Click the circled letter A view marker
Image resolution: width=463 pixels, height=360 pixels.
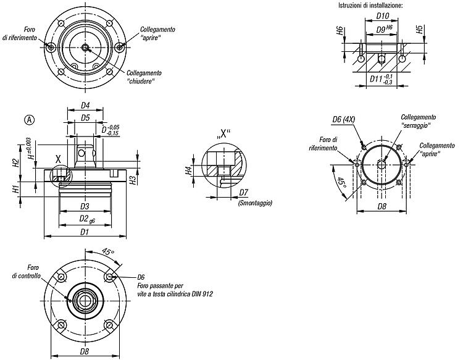coord(30,120)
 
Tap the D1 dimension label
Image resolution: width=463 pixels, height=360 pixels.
coord(85,232)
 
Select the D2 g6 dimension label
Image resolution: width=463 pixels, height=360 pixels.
coord(87,219)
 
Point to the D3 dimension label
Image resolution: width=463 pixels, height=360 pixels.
coord(85,206)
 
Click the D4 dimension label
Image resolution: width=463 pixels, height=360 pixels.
coord(85,106)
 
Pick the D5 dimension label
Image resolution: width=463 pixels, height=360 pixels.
coord(85,118)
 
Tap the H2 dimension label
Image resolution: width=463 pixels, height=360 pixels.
coord(16,163)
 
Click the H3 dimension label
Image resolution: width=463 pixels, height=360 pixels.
coord(133,180)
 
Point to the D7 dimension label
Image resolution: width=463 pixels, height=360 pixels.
coord(244,193)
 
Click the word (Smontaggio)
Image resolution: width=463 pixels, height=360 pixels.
coord(255,203)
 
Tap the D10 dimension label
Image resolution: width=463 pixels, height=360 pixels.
coord(383,15)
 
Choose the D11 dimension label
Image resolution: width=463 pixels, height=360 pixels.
coord(382,79)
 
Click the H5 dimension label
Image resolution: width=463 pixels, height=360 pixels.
coord(419,30)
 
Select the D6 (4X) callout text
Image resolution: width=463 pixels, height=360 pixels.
coord(344,119)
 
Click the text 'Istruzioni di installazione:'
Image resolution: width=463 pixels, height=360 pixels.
coord(370,6)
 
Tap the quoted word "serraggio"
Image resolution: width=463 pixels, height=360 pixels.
coord(415,125)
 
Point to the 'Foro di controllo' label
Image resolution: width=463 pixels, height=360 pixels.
coord(27,272)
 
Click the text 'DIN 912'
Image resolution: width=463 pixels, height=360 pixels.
coord(202,294)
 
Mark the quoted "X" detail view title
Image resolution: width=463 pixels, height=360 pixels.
coord(223,134)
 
